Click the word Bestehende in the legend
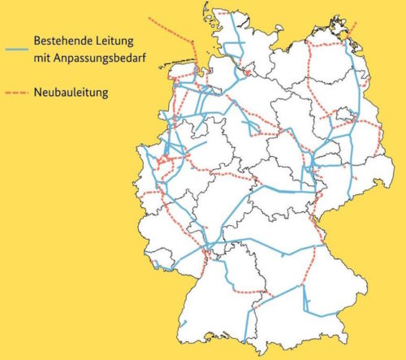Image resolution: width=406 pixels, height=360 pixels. pyautogui.click(x=66, y=40)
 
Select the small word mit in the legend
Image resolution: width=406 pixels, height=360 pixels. pyautogui.click(x=42, y=56)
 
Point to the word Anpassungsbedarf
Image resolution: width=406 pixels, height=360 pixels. pyautogui.click(x=103, y=57)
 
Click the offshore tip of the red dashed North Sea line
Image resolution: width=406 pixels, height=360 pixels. pyautogui.click(x=150, y=16)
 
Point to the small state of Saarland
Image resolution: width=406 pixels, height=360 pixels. pyautogui.click(x=159, y=258)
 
